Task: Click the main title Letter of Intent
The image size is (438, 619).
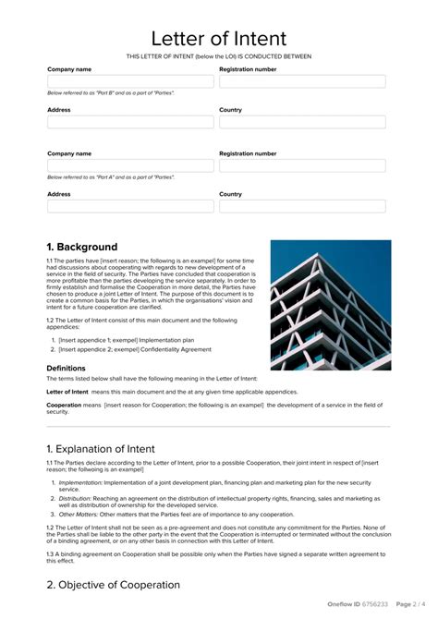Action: (219, 39)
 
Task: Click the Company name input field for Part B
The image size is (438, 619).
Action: (130, 81)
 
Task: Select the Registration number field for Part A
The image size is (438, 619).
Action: (302, 165)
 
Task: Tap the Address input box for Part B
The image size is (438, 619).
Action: (130, 122)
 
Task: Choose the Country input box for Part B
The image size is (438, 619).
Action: (302, 122)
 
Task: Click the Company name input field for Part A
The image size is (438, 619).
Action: (130, 165)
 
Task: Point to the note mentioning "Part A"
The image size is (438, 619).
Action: (110, 177)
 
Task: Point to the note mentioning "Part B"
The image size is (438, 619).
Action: (110, 93)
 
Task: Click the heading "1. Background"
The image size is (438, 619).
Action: (82, 247)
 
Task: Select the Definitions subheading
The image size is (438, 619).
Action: (66, 368)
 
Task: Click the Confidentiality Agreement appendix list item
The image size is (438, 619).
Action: (135, 349)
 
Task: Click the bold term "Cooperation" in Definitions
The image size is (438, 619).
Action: (64, 405)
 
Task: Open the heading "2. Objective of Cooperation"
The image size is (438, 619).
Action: (113, 585)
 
